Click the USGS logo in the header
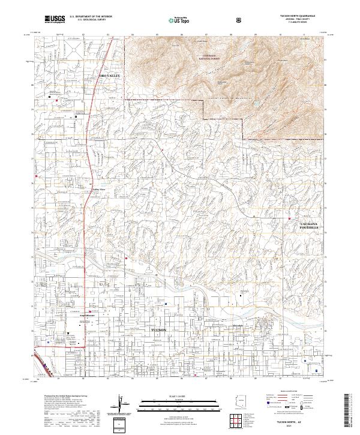[55, 20]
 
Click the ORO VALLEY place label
[110, 76]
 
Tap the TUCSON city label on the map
[158, 331]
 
